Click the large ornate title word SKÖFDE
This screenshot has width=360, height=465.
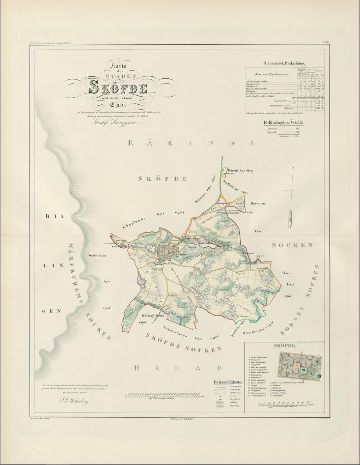(119, 88)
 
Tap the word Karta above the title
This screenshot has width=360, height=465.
(119, 65)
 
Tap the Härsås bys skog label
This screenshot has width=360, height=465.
(240, 165)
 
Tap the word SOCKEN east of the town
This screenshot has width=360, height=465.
(291, 245)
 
